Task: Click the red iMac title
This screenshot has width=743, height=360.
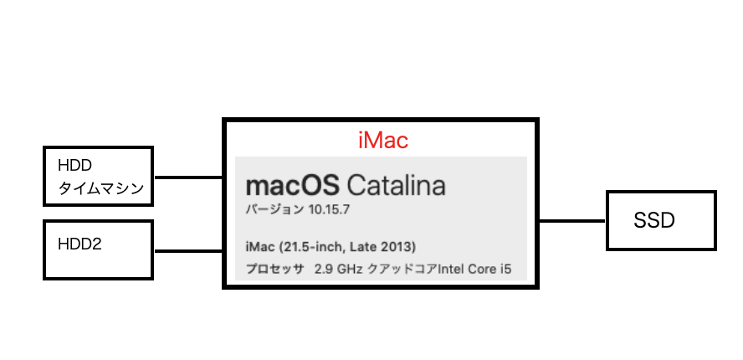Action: (382, 141)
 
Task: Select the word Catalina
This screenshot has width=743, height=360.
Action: (396, 186)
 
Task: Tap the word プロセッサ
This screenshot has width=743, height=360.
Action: (274, 270)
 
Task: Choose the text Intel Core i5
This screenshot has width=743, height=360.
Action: (473, 270)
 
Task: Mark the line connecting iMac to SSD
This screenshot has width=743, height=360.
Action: (572, 221)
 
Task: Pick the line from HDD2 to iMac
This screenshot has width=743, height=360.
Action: (188, 250)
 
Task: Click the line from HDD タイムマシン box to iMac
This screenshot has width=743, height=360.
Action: (188, 177)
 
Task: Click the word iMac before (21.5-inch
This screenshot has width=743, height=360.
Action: (260, 247)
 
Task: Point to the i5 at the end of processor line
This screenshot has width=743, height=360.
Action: (505, 270)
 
